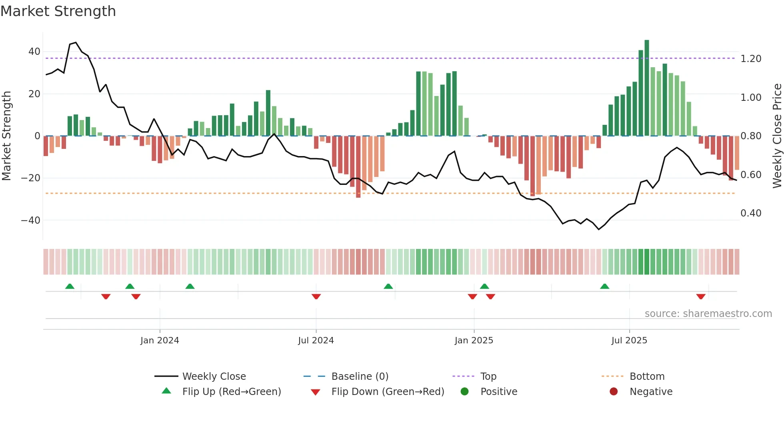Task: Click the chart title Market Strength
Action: coord(58,11)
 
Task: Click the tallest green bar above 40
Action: coord(647,88)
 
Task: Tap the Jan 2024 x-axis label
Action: coord(160,341)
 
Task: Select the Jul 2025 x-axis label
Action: coord(629,341)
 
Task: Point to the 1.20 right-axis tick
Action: coord(751,59)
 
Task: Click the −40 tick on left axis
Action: coord(31,220)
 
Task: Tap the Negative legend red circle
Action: coord(614,392)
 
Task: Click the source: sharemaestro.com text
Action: coord(708,314)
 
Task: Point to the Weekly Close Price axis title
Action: coord(777,136)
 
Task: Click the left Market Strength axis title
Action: coord(7,136)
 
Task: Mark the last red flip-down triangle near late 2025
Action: coord(701,297)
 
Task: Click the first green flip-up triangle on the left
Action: coord(70,286)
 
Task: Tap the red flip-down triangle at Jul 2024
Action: coord(316,297)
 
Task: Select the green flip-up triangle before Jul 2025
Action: coord(604,286)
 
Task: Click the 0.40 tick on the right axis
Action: coord(751,213)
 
